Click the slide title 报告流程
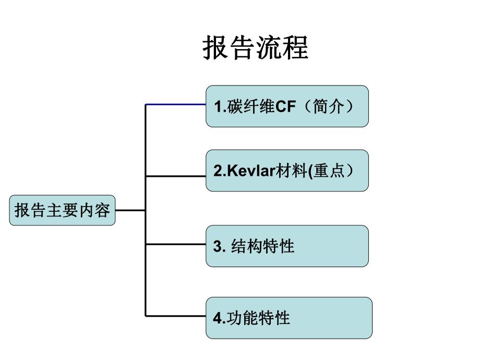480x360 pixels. [x=255, y=49]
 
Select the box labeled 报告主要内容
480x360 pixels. [x=62, y=210]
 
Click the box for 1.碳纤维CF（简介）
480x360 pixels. [x=287, y=106]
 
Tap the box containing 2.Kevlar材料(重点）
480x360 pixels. [x=287, y=171]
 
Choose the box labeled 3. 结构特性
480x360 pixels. [x=287, y=246]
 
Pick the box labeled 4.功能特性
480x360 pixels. [x=289, y=318]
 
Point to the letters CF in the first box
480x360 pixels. [x=285, y=107]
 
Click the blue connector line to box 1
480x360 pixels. [x=175, y=104]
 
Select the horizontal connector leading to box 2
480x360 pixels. [x=175, y=176]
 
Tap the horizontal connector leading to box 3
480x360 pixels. [x=175, y=244]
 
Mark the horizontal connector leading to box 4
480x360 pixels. [x=175, y=316]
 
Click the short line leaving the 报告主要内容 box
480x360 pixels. [x=130, y=210]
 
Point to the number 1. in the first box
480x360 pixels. [x=218, y=107]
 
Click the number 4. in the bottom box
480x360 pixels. [x=218, y=318]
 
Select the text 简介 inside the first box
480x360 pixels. [x=329, y=107]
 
